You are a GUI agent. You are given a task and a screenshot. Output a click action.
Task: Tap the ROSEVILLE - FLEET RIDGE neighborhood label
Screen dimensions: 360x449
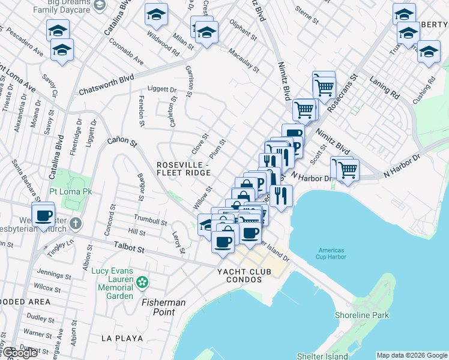[184, 169]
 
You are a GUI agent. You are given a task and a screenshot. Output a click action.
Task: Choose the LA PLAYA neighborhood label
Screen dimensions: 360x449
[122, 338]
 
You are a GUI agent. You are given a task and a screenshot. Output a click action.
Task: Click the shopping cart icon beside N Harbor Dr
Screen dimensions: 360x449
[346, 169]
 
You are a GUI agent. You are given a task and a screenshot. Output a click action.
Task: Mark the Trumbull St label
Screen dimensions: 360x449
[150, 221]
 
